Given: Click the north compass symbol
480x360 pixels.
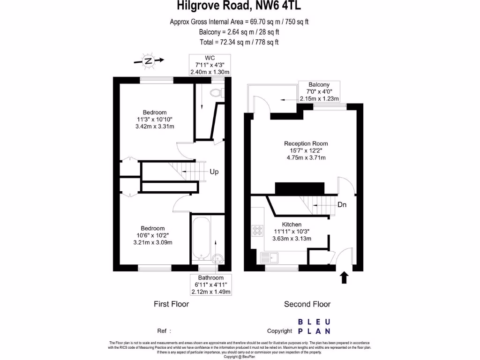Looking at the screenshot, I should click(149, 60).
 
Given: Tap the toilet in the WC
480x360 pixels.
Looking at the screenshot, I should click(217, 92).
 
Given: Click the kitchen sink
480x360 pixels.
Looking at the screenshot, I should click(270, 257).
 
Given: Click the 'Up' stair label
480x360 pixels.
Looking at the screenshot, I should click(214, 172).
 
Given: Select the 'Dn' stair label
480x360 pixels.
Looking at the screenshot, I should click(342, 205).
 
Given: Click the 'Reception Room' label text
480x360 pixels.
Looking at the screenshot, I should click(306, 143).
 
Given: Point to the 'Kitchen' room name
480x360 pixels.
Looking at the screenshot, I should click(291, 225).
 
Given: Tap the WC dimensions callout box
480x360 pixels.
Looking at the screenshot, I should click(210, 65).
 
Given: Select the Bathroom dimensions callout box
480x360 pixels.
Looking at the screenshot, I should click(210, 285).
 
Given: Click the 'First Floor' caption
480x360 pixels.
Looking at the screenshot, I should click(171, 304).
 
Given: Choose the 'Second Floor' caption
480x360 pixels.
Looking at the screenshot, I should click(307, 304).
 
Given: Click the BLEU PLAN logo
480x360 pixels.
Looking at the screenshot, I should click(314, 326).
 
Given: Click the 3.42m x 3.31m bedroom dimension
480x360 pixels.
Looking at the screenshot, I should click(155, 127).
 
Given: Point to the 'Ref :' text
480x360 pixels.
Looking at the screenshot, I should click(164, 330).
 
